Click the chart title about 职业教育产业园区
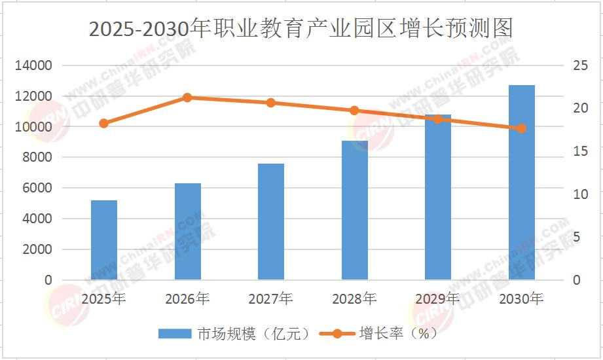(301, 28)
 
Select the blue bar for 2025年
(104, 240)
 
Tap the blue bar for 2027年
(271, 221)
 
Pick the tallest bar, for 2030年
(521, 183)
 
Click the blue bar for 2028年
(355, 210)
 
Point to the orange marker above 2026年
(187, 98)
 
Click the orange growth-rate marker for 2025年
(104, 124)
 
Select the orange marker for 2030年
(521, 128)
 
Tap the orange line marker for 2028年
(355, 111)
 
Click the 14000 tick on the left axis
(33, 65)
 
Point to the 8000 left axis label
(37, 157)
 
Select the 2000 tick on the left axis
(37, 249)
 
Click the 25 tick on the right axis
(580, 65)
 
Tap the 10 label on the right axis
(580, 194)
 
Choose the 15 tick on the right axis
(580, 151)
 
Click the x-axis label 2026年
(187, 298)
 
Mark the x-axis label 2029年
(437, 298)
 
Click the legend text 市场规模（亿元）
(254, 333)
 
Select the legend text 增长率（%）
(399, 333)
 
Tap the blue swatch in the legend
(175, 333)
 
